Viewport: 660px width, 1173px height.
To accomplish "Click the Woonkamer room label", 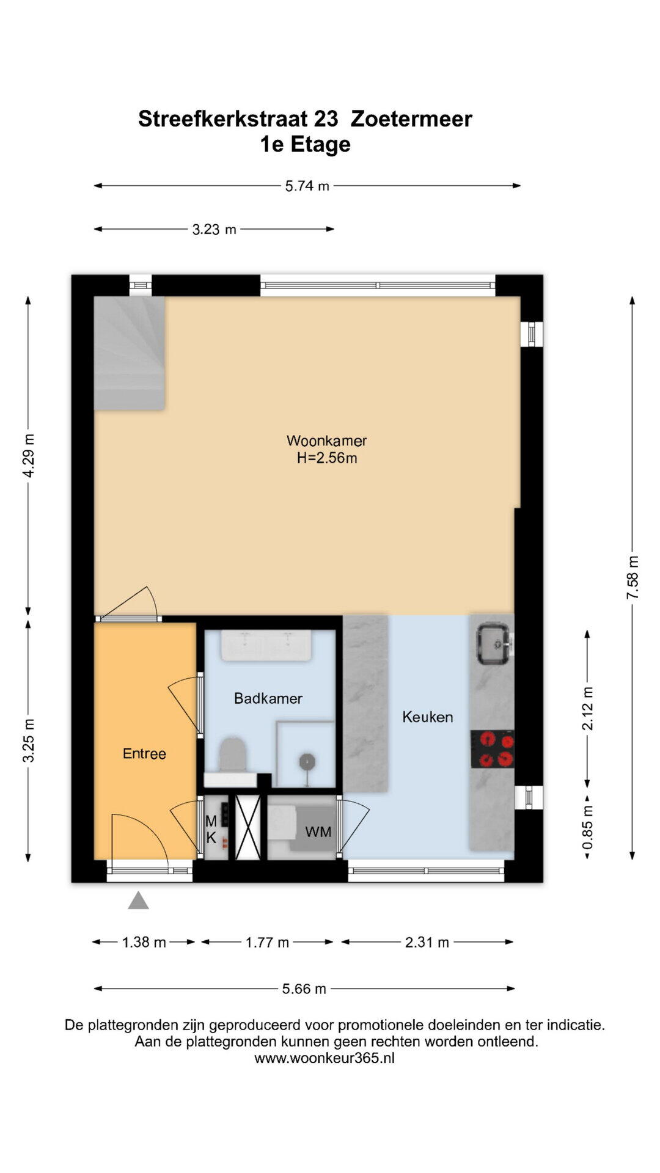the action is click(326, 440).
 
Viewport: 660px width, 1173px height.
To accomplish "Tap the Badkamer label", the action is click(268, 698).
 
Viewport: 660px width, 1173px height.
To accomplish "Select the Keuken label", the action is click(428, 717).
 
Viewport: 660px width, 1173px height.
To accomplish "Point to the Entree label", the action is click(144, 753).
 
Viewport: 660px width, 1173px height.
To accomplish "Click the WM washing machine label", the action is click(318, 831).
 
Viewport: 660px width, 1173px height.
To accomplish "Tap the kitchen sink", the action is click(495, 643).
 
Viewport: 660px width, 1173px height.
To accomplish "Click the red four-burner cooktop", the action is click(493, 749).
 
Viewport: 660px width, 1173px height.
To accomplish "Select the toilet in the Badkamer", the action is click(232, 755).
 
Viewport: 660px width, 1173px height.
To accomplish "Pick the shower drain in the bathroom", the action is click(306, 761).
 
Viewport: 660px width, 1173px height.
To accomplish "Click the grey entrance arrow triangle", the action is click(138, 901).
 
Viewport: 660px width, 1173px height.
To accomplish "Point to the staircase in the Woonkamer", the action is click(129, 353).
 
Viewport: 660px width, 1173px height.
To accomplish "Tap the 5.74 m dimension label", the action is click(307, 186).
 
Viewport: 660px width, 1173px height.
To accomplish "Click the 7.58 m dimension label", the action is click(632, 577).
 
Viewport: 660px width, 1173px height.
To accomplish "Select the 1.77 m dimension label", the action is click(267, 942).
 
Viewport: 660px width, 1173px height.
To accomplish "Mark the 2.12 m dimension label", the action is click(587, 708).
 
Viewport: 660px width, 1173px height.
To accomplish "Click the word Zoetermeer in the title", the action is click(411, 119).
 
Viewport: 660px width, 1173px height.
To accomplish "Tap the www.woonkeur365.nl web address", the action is click(324, 1058).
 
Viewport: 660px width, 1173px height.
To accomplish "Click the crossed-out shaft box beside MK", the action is click(248, 827).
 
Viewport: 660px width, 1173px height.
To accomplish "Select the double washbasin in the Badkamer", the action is click(266, 646).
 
